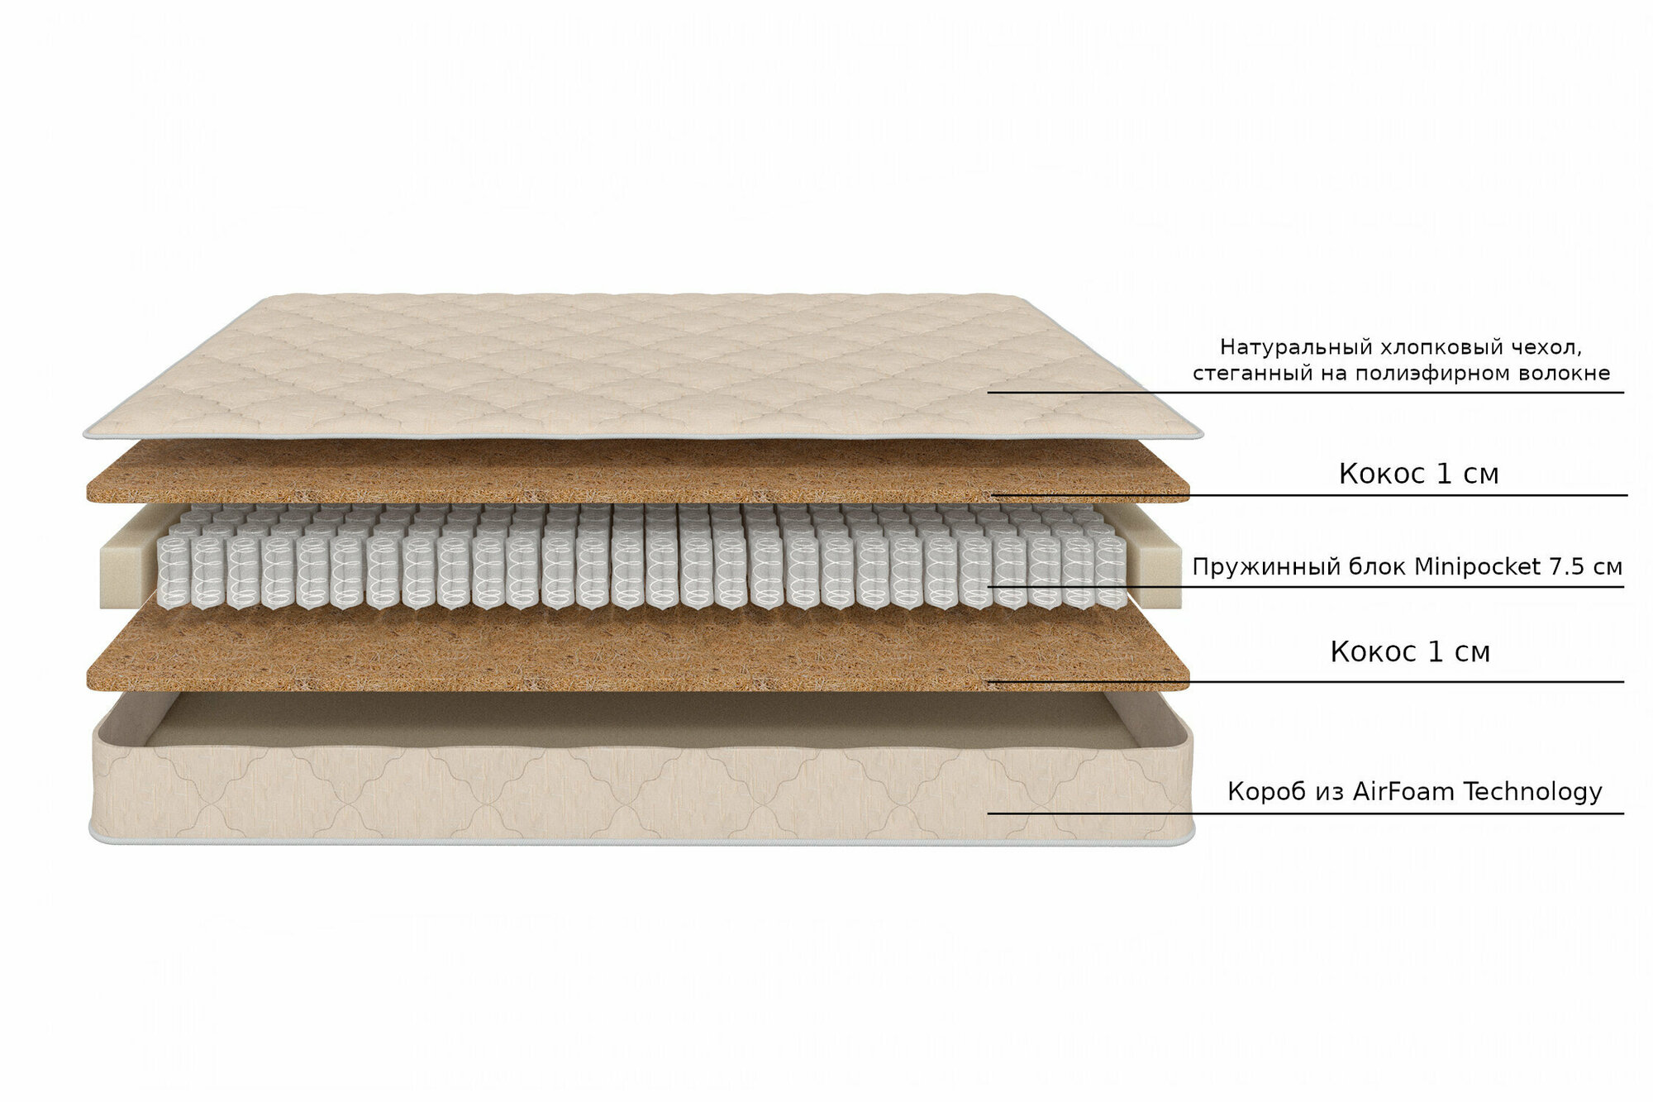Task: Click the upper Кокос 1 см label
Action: pyautogui.click(x=1418, y=474)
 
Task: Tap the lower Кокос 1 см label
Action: pyautogui.click(x=1410, y=652)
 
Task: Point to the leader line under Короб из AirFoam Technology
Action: pyautogui.click(x=1306, y=813)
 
